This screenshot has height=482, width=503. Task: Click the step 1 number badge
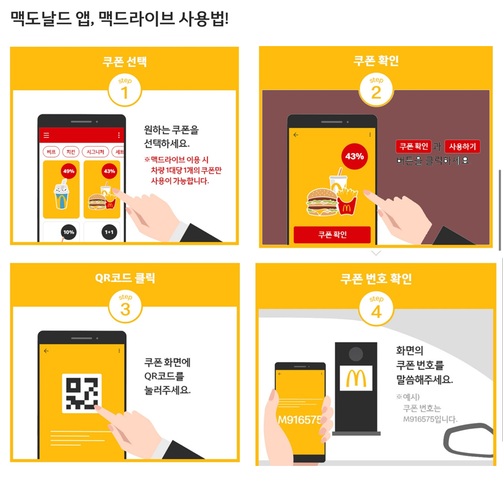[x=125, y=90]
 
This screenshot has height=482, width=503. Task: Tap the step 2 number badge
[x=376, y=89]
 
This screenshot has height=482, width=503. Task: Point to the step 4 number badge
[x=376, y=308]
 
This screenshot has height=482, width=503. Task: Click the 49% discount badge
[x=69, y=171]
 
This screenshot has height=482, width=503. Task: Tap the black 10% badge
[x=69, y=232]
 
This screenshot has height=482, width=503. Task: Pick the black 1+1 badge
[x=109, y=232]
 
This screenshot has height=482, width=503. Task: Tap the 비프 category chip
[x=51, y=152]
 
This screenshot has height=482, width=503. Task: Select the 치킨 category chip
[x=71, y=152]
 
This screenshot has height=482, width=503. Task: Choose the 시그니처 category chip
[x=95, y=152]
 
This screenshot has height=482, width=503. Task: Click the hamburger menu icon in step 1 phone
[x=46, y=135]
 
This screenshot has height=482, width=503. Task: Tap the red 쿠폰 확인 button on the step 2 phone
[x=332, y=235]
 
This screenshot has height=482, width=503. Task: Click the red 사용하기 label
[x=462, y=146]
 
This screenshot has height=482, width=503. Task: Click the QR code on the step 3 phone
[x=82, y=393]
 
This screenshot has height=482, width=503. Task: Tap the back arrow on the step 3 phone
[x=46, y=351]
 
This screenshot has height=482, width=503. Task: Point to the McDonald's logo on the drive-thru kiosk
[x=356, y=378]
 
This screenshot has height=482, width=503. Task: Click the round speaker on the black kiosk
[x=356, y=354]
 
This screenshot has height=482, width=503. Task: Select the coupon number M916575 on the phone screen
[x=300, y=419]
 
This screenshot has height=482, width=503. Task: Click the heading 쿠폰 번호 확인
[x=376, y=278]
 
